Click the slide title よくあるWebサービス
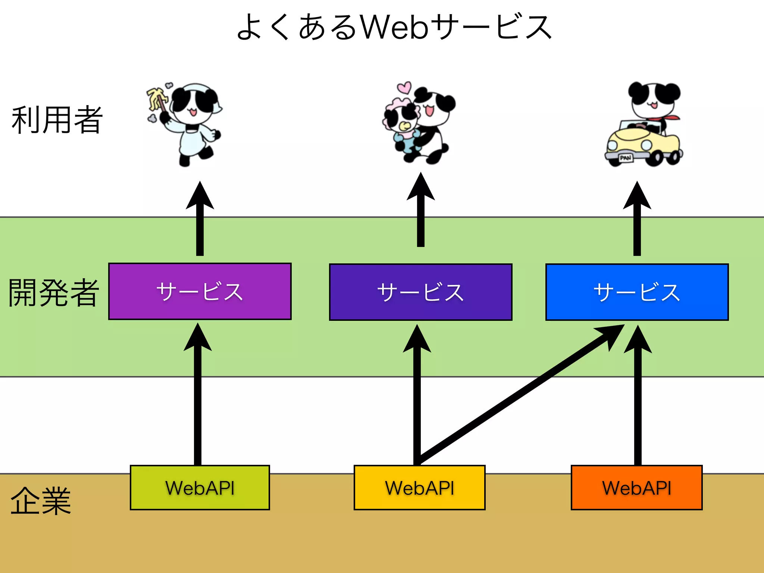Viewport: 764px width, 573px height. [x=394, y=27]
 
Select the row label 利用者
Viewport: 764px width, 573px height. [x=57, y=120]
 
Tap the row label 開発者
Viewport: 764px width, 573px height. [x=54, y=293]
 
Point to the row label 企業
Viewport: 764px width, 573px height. [x=40, y=501]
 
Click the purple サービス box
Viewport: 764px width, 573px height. [x=200, y=291]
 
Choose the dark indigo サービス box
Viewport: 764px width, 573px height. [x=420, y=292]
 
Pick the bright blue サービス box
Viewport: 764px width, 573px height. [x=637, y=292]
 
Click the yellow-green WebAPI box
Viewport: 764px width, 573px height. [x=200, y=488]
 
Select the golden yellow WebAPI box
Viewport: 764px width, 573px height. [x=419, y=488]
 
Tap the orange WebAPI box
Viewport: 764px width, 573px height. [x=636, y=488]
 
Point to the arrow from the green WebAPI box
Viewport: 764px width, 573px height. [x=198, y=403]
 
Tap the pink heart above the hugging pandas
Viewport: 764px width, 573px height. [x=404, y=88]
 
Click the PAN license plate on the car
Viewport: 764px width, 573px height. [x=626, y=158]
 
